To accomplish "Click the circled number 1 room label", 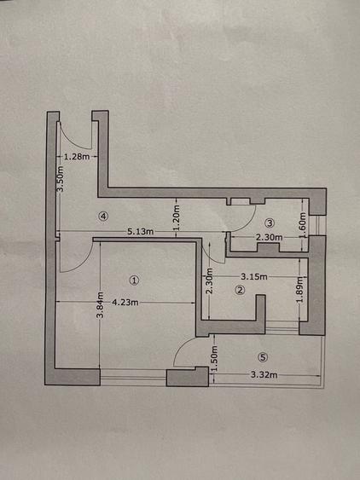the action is (x=134, y=280).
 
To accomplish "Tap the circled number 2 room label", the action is (x=240, y=290).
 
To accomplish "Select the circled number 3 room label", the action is (x=270, y=223).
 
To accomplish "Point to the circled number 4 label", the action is (x=103, y=216).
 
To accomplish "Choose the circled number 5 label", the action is (x=263, y=357).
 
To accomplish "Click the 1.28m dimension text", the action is (x=78, y=157).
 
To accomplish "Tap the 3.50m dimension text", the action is (x=61, y=179).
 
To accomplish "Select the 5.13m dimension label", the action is (x=140, y=231).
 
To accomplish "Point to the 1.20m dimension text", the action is (x=177, y=217).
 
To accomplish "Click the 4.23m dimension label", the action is (x=125, y=303).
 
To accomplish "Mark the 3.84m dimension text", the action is (x=100, y=305).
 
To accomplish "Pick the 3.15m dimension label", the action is (x=254, y=277).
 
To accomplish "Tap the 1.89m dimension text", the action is (x=300, y=290).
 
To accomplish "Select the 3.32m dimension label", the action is (x=264, y=374).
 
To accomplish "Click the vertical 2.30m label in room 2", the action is (x=209, y=280).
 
